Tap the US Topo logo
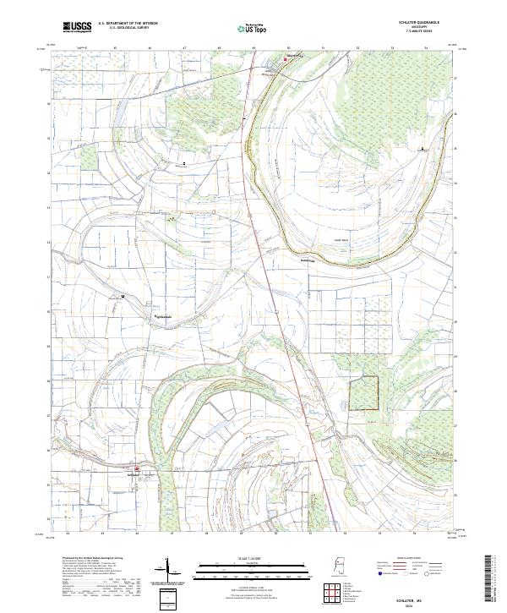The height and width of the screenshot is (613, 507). [x=253, y=29]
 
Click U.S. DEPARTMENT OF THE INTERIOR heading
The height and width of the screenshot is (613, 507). [x=127, y=25]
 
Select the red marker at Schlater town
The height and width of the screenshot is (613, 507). [x=138, y=468]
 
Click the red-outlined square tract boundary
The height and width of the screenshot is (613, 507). [x=364, y=393]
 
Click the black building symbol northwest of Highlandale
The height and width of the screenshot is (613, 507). [x=123, y=296]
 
